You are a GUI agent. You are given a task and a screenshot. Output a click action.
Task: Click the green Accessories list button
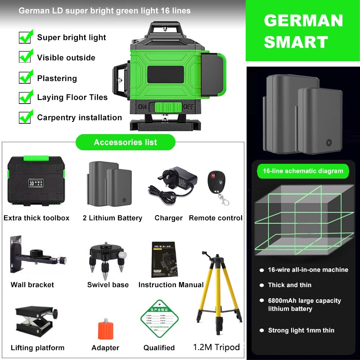pyautogui.click(x=126, y=142)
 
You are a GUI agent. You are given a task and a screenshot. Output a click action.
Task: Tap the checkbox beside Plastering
pyautogui.click(x=25, y=77)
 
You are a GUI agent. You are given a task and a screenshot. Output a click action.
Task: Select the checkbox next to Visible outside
pyautogui.click(x=25, y=56)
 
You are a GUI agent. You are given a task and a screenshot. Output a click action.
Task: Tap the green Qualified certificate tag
pyautogui.click(x=159, y=321)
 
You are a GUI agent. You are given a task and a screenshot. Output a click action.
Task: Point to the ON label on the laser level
pyautogui.click(x=143, y=107)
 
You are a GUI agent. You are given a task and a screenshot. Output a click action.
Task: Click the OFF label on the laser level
pyautogui.click(x=188, y=107)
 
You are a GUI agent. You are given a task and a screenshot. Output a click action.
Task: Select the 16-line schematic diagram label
pyautogui.click(x=303, y=171)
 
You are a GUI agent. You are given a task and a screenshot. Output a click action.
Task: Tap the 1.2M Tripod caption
pyautogui.click(x=216, y=347)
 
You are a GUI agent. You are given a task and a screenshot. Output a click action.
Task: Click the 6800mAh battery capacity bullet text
pyautogui.click(x=304, y=305)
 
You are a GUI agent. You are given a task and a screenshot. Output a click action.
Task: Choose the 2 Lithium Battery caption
pyautogui.click(x=112, y=218)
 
